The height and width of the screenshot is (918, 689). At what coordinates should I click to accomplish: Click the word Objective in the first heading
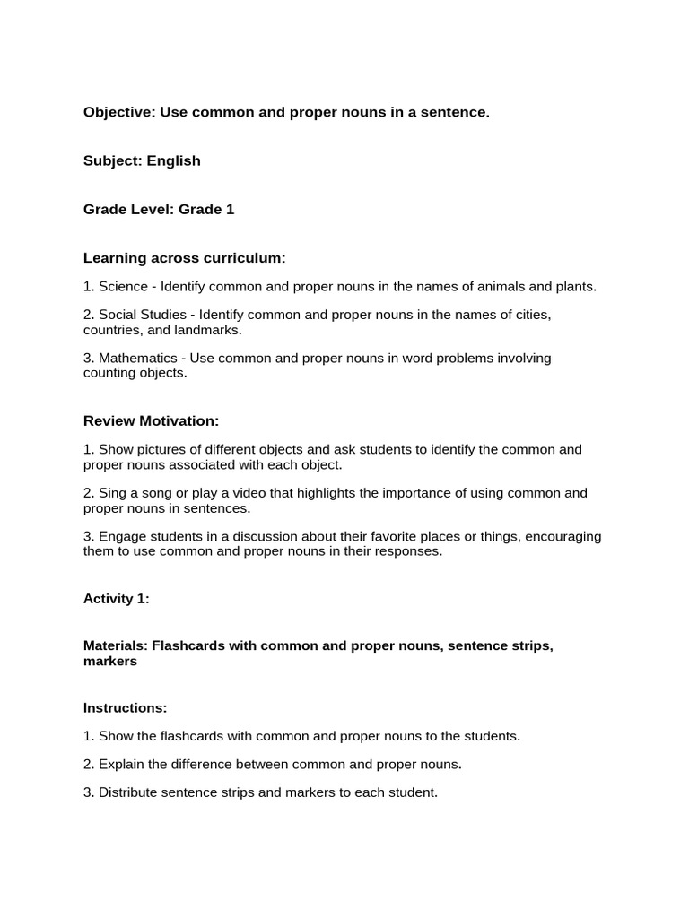pyautogui.click(x=118, y=112)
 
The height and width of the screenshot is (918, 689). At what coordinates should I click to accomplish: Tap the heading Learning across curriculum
pyautogui.click(x=184, y=258)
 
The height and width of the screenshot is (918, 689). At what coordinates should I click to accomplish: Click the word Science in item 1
pyautogui.click(x=124, y=287)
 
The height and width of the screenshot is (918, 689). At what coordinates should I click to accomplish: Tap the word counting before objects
pyautogui.click(x=109, y=373)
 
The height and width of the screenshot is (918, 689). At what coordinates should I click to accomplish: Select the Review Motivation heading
pyautogui.click(x=151, y=421)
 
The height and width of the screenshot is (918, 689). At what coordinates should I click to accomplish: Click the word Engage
pyautogui.click(x=122, y=537)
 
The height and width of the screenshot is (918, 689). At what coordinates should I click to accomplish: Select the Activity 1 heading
pyautogui.click(x=117, y=600)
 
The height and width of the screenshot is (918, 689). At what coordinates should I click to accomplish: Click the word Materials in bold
pyautogui.click(x=116, y=645)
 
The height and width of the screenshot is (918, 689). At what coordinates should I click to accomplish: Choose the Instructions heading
pyautogui.click(x=125, y=708)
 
